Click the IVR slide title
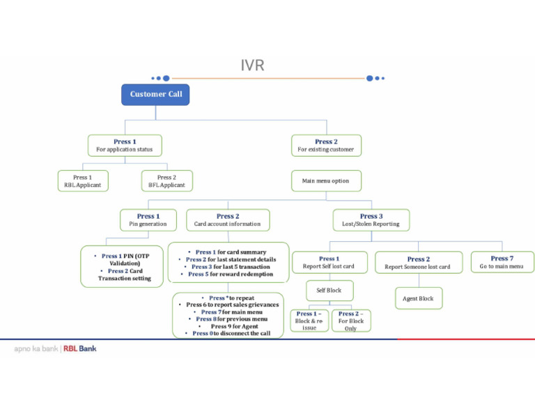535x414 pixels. coord(252,66)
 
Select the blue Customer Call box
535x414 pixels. coord(155,94)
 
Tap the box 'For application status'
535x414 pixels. coord(125,146)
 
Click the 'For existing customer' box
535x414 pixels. coord(325,146)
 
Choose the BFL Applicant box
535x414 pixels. coord(166,181)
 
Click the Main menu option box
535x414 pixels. coord(325,181)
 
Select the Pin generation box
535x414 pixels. coord(148,220)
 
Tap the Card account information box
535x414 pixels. coord(227,220)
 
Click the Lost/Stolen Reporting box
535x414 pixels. coord(371,220)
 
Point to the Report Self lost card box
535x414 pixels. coord(329,262)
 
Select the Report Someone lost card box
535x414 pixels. coord(418,263)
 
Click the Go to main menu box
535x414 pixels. coord(501,262)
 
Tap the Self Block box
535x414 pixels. coord(329,290)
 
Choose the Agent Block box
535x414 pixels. coord(418,298)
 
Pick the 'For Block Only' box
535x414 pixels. coord(350,321)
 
